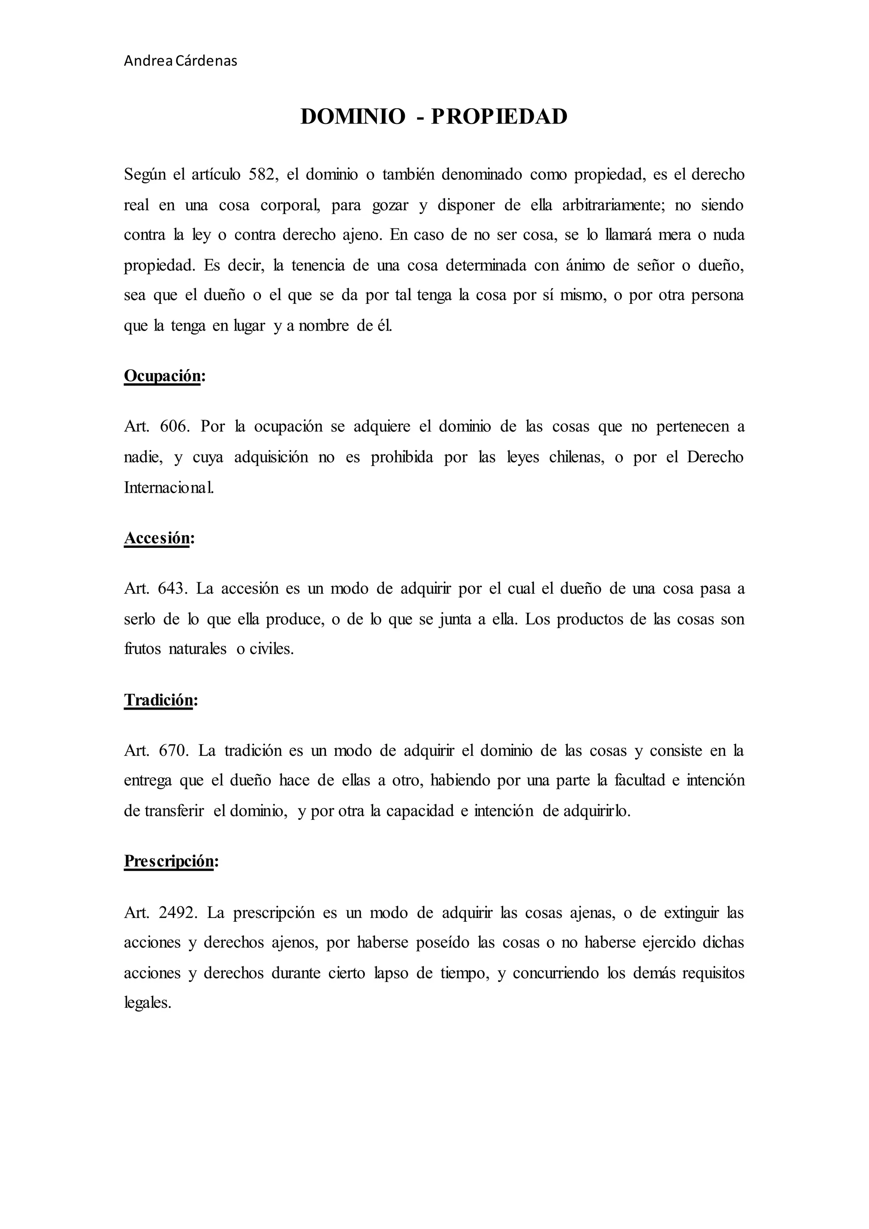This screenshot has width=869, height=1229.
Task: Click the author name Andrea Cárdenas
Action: click(x=180, y=61)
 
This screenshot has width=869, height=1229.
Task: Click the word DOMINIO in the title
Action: click(x=353, y=117)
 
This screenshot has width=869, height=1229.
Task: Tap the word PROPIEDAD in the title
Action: click(x=499, y=117)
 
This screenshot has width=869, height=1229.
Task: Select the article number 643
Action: click(x=173, y=589)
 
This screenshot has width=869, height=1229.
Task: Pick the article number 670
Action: click(x=174, y=751)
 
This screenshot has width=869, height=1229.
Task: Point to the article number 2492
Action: click(x=179, y=913)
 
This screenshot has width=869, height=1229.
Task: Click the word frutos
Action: click(x=142, y=649)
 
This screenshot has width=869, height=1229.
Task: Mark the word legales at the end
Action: click(x=147, y=1002)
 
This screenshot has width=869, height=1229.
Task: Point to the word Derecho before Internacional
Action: click(x=715, y=457)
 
